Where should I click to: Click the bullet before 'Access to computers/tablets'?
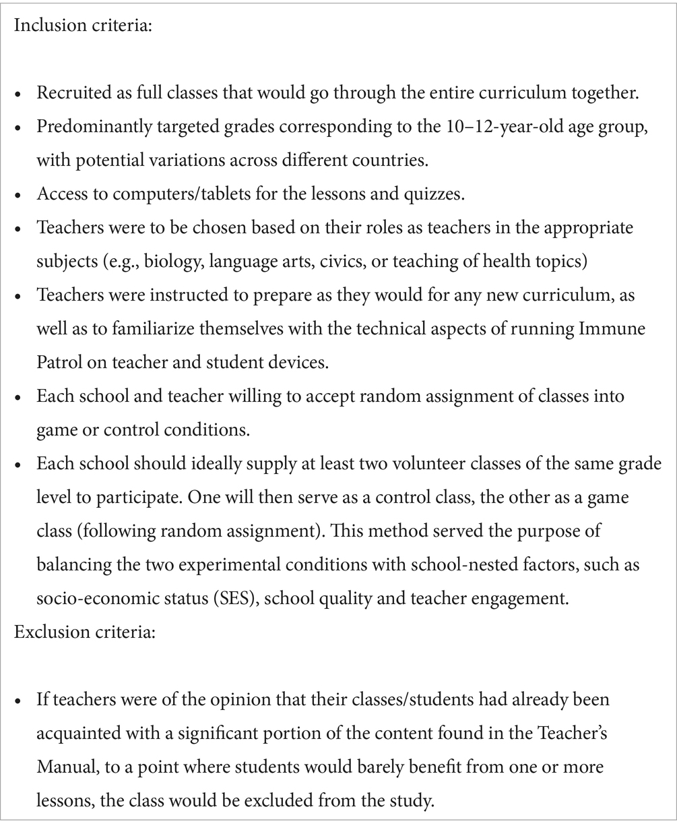(20, 195)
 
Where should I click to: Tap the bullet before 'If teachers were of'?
(20, 700)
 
